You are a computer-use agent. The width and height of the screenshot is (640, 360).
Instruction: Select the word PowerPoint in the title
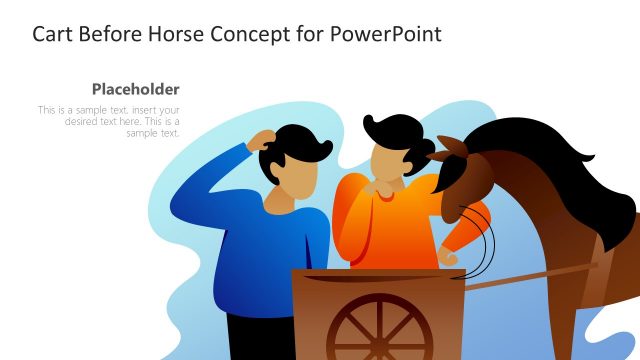coord(381,34)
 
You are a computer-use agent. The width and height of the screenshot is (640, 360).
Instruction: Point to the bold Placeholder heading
coord(135,88)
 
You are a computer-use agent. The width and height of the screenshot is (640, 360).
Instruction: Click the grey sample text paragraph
coord(109,121)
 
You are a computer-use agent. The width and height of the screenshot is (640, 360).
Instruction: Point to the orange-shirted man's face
coord(387,159)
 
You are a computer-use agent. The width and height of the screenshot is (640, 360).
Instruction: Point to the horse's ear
coord(451,146)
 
